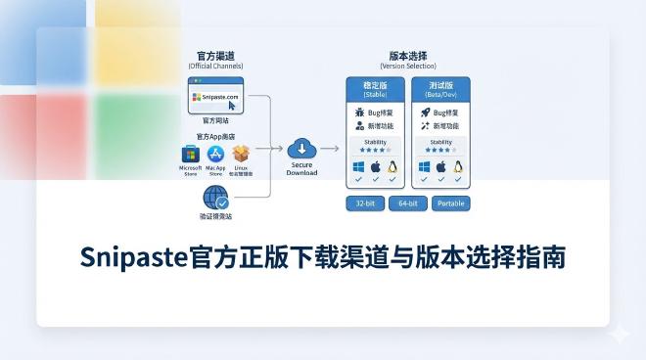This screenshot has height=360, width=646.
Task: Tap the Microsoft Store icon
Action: point(191,155)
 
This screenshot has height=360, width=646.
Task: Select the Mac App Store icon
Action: point(215,155)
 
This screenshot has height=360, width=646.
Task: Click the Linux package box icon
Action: point(240,155)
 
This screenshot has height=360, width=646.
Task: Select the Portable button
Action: point(451,203)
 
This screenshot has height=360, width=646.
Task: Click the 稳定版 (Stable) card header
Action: point(375,88)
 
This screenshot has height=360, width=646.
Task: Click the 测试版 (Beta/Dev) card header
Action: point(441,88)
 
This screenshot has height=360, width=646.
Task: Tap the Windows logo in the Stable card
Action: point(357,167)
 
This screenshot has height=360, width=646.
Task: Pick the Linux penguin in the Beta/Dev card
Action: point(459,167)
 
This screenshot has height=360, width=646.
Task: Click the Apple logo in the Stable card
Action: point(375,167)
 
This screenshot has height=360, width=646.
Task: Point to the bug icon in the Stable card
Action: point(359,112)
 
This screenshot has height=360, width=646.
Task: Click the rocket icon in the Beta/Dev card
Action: point(426,112)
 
